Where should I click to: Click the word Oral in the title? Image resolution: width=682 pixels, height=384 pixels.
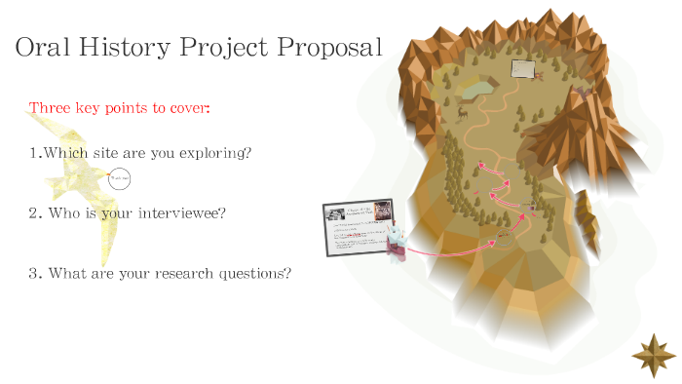44,47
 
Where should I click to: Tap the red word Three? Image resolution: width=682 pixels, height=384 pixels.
50,106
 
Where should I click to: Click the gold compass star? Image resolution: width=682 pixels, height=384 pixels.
654,354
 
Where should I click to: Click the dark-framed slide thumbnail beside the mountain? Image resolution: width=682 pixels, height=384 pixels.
358,227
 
